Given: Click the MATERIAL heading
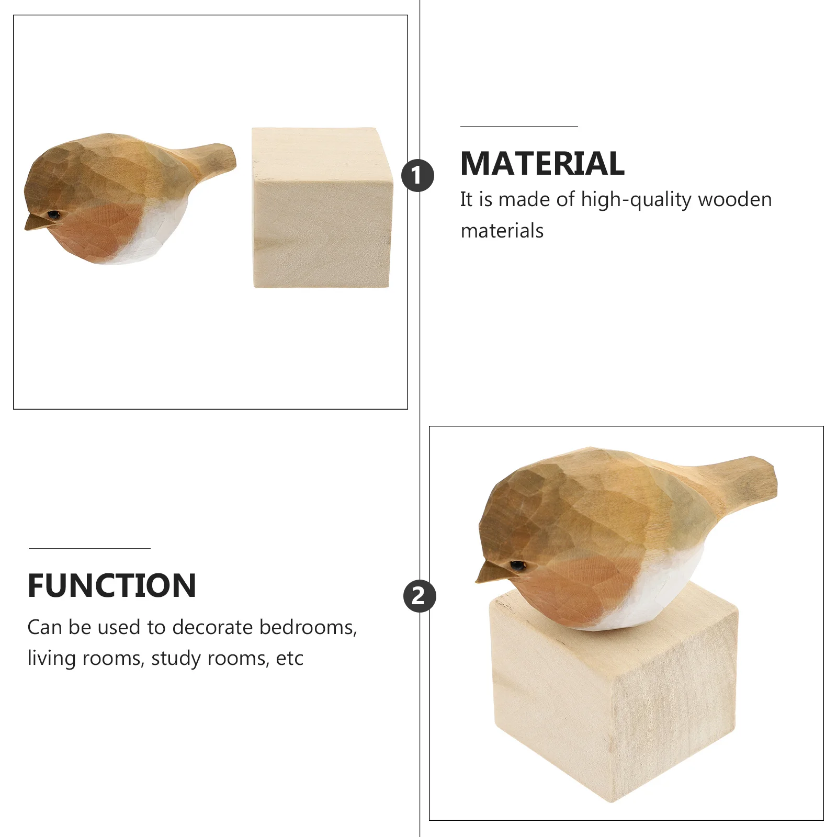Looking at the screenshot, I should [542, 164].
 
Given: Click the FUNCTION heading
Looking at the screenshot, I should [112, 585].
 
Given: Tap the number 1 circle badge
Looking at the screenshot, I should [417, 175].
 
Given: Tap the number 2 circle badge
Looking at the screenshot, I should [419, 596].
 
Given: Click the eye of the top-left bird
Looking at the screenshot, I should [53, 214].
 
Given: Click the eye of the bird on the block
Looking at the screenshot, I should [517, 565].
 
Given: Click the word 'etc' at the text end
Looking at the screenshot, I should [289, 659].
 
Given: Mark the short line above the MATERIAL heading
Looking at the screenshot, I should [519, 126].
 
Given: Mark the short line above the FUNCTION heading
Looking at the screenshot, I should [89, 548].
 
